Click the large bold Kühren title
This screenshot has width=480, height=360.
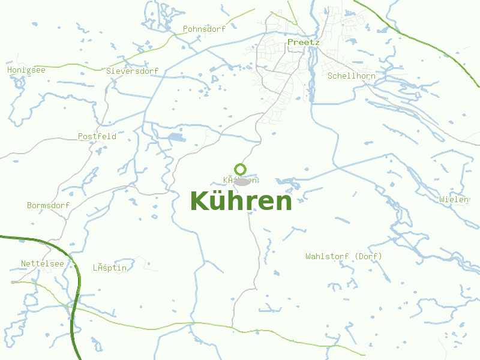pyautogui.click(x=241, y=201)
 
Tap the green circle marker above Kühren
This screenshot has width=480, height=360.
pyautogui.click(x=240, y=169)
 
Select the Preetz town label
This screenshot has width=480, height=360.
pyautogui.click(x=303, y=43)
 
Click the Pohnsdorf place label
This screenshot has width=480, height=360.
pyautogui.click(x=204, y=29)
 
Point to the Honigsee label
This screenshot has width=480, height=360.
pyautogui.click(x=26, y=70)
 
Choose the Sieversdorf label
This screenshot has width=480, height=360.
pyautogui.click(x=132, y=71)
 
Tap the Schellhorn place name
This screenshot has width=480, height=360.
pyautogui.click(x=351, y=76)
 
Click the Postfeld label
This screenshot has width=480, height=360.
pyautogui.click(x=97, y=136)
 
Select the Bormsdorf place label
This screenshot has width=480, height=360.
pyautogui.click(x=48, y=205)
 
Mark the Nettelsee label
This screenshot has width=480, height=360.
pyautogui.click(x=42, y=263)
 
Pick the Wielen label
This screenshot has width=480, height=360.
pyautogui.click(x=454, y=199)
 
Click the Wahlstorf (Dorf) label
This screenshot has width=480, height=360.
pyautogui.click(x=343, y=256)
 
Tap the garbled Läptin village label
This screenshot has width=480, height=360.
pyautogui.click(x=109, y=268)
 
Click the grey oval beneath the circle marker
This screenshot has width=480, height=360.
pyautogui.click(x=242, y=181)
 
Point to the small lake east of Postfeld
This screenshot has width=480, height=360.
pyautogui.click(x=176, y=139)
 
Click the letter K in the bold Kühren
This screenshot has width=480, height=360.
pyautogui.click(x=200, y=201)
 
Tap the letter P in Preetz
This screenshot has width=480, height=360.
pyautogui.click(x=290, y=43)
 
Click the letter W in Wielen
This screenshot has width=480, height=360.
pyautogui.click(x=442, y=199)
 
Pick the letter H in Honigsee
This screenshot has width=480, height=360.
pyautogui.click(x=10, y=70)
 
